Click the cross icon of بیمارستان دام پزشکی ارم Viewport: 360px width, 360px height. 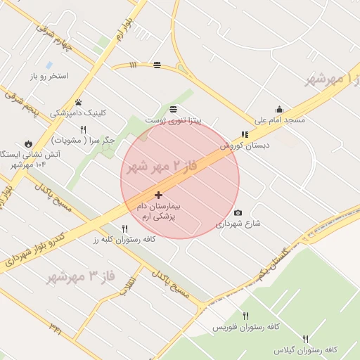(x=158, y=195)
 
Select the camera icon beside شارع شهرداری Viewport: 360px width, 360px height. (x=238, y=213)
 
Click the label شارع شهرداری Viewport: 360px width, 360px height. (x=238, y=224)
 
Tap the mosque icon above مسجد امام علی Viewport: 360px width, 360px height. (x=279, y=109)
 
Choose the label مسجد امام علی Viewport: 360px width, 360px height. (x=279, y=120)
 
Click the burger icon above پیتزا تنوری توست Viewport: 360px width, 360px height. (x=173, y=109)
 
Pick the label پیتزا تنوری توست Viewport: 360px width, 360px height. (x=173, y=120)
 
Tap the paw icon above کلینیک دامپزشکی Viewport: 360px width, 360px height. (x=78, y=103)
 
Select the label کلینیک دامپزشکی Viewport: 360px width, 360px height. (x=78, y=113)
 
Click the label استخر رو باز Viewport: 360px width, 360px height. (x=49, y=75)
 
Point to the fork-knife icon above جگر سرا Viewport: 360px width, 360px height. (x=84, y=129)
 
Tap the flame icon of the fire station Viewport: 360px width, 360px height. (x=28, y=143)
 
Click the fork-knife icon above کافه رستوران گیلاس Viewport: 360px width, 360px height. (x=305, y=339)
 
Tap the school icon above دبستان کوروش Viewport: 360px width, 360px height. (x=245, y=134)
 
